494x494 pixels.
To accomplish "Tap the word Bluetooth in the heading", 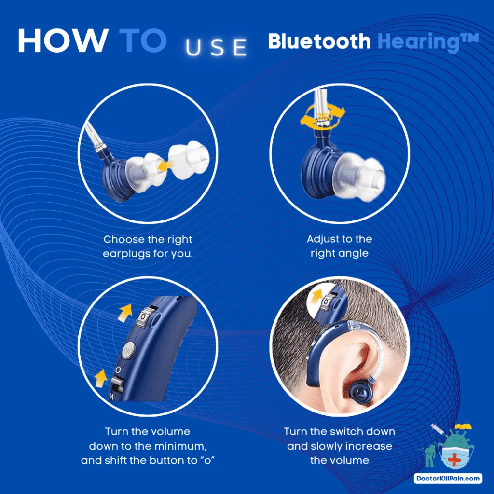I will pyautogui.click(x=319, y=42).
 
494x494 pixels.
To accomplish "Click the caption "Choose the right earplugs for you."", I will pyautogui.click(x=148, y=246).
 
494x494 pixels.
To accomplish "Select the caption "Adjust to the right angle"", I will pyautogui.click(x=339, y=246).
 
